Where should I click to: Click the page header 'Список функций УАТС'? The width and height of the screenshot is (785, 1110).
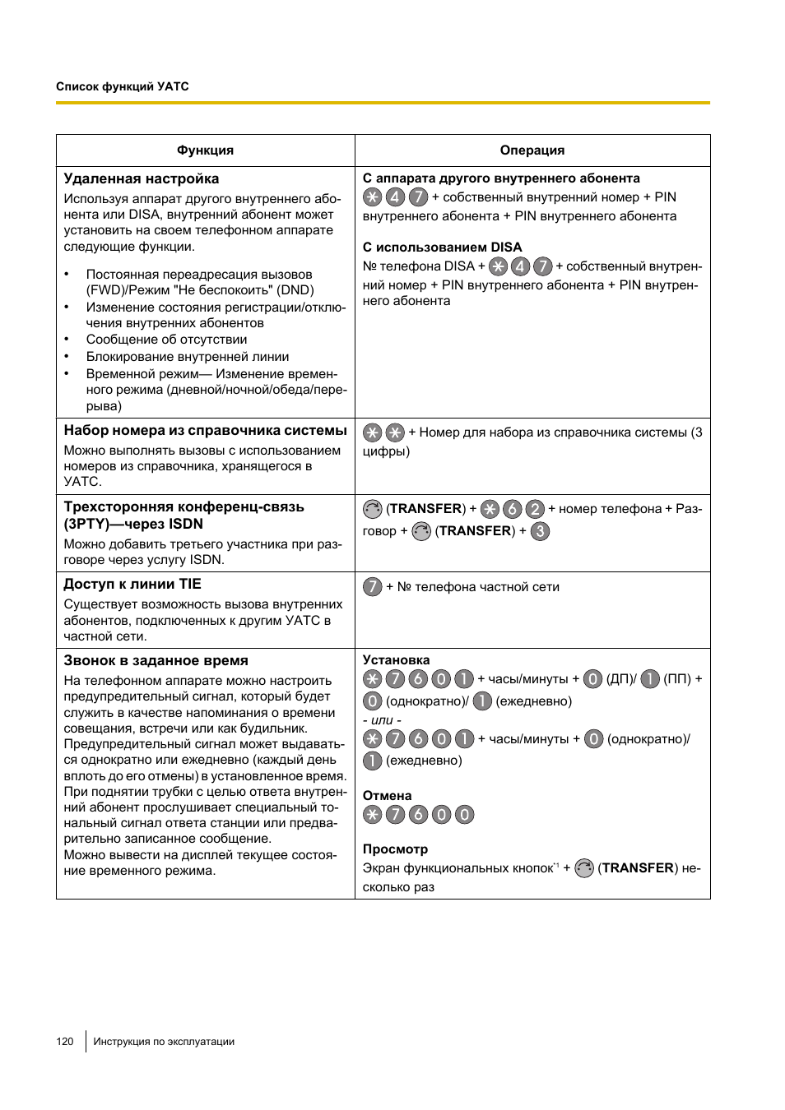point(123,86)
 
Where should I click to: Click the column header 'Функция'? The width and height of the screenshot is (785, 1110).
point(205,150)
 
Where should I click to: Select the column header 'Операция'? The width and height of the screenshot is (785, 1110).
point(532,150)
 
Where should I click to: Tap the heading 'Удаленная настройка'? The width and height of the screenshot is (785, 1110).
point(142,179)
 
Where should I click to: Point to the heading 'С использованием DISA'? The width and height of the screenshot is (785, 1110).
point(442,247)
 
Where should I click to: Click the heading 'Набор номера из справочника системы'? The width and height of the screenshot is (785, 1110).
point(206,431)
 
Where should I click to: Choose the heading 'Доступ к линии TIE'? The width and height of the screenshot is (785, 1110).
point(132,585)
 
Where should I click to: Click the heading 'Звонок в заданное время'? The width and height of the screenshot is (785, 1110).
point(156,661)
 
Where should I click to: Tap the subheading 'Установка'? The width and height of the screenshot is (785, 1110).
point(396,660)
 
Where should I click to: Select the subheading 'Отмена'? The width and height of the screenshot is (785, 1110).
point(387,796)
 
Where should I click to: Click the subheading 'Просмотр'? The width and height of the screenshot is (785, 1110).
point(395,849)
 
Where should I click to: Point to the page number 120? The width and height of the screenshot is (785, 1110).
point(65,1042)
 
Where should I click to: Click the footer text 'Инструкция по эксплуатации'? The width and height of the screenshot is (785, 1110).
point(164,1042)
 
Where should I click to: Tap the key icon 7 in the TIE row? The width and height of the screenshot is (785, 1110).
point(373,587)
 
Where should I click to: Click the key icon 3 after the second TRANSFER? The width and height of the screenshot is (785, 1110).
point(540,531)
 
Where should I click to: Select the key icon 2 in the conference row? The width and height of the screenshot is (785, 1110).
point(535,509)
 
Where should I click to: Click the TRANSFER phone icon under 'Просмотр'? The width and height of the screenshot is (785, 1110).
point(584,868)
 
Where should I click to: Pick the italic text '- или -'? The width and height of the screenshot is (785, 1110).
point(382,720)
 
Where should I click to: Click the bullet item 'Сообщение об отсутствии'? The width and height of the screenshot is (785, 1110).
point(166,340)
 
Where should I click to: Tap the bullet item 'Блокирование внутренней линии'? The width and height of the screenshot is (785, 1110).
point(188,357)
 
